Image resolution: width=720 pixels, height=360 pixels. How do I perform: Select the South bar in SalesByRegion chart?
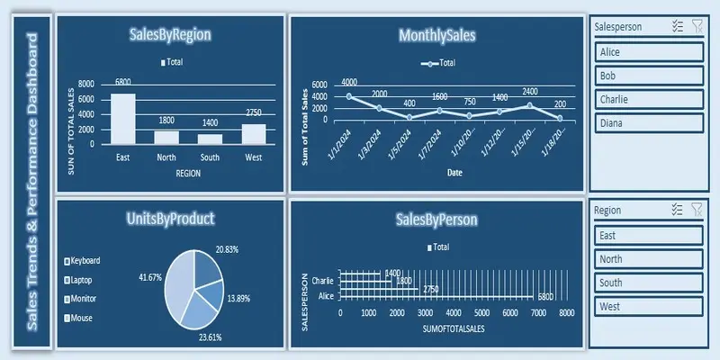[210, 139]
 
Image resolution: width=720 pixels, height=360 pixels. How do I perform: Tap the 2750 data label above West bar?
[253, 112]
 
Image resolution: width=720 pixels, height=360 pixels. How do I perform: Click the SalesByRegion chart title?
[171, 36]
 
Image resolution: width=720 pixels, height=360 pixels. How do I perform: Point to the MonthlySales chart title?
[436, 36]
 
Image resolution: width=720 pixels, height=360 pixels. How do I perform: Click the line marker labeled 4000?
[349, 95]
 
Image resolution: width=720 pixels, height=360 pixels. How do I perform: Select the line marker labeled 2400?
[529, 105]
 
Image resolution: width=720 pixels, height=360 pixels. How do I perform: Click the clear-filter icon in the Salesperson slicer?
[697, 27]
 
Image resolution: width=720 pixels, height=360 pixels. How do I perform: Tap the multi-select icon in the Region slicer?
[678, 209]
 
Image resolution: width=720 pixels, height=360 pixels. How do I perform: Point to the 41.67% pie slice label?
[149, 278]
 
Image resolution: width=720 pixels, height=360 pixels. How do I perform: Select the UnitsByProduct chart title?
[171, 218]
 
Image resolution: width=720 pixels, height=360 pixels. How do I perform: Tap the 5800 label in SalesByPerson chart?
[546, 296]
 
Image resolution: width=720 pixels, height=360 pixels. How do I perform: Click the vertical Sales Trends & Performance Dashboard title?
[32, 181]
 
